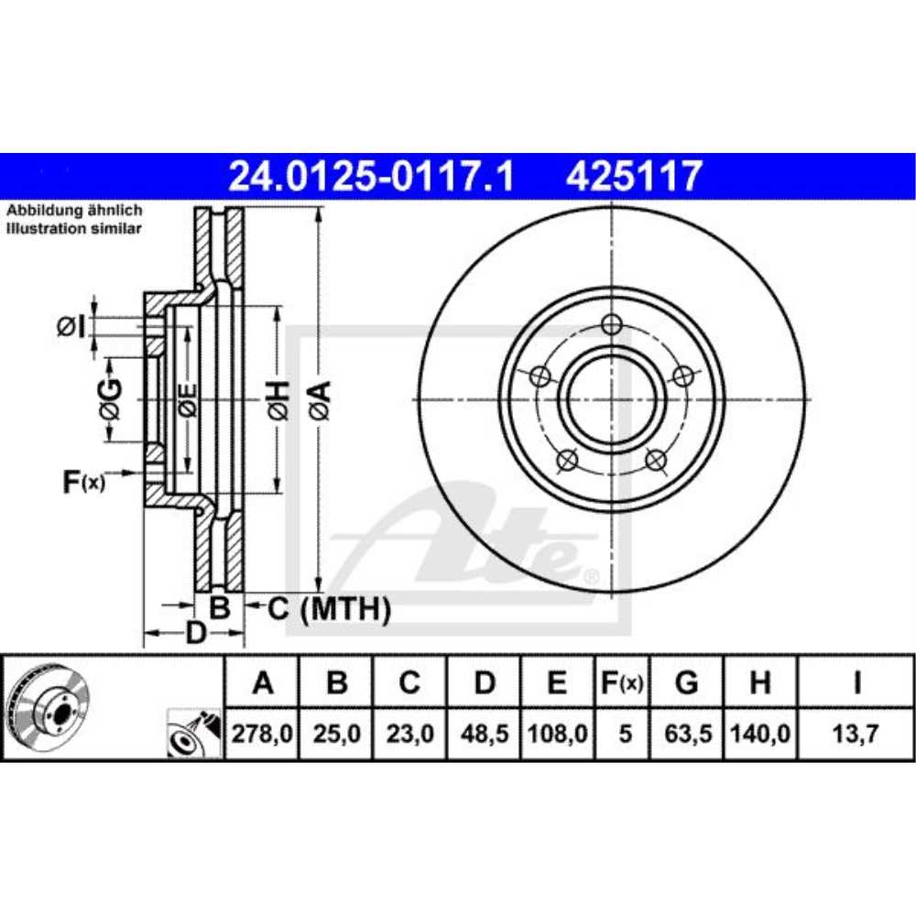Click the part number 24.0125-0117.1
tap(370, 174)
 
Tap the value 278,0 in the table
tap(263, 734)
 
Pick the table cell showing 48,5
tap(485, 734)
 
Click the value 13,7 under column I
tap(856, 734)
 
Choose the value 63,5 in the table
tap(687, 734)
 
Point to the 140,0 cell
tap(760, 734)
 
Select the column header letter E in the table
tap(558, 682)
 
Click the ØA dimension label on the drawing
tap(320, 400)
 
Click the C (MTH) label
tap(330, 607)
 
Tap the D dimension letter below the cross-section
tap(195, 632)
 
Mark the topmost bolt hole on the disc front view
tap(612, 323)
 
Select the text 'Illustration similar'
tap(74, 228)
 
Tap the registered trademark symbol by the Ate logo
tap(591, 576)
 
